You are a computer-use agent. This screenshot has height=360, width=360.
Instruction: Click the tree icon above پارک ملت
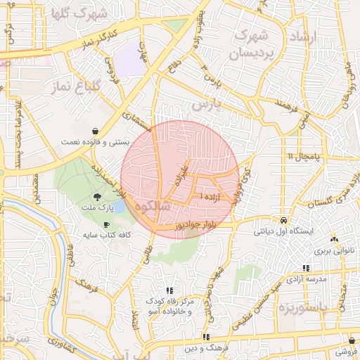[97, 198]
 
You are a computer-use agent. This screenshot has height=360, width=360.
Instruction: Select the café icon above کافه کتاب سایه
[106, 224]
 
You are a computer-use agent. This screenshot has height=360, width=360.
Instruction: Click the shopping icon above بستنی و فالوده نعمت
[95, 131]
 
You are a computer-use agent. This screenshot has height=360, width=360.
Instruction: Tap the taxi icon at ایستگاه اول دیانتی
[283, 219]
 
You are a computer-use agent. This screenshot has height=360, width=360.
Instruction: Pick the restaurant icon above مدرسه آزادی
[305, 268]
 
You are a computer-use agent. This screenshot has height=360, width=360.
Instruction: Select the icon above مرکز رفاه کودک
[169, 290]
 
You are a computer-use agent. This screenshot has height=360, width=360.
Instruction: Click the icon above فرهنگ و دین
[206, 337]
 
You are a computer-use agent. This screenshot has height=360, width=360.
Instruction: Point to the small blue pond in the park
[118, 207]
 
